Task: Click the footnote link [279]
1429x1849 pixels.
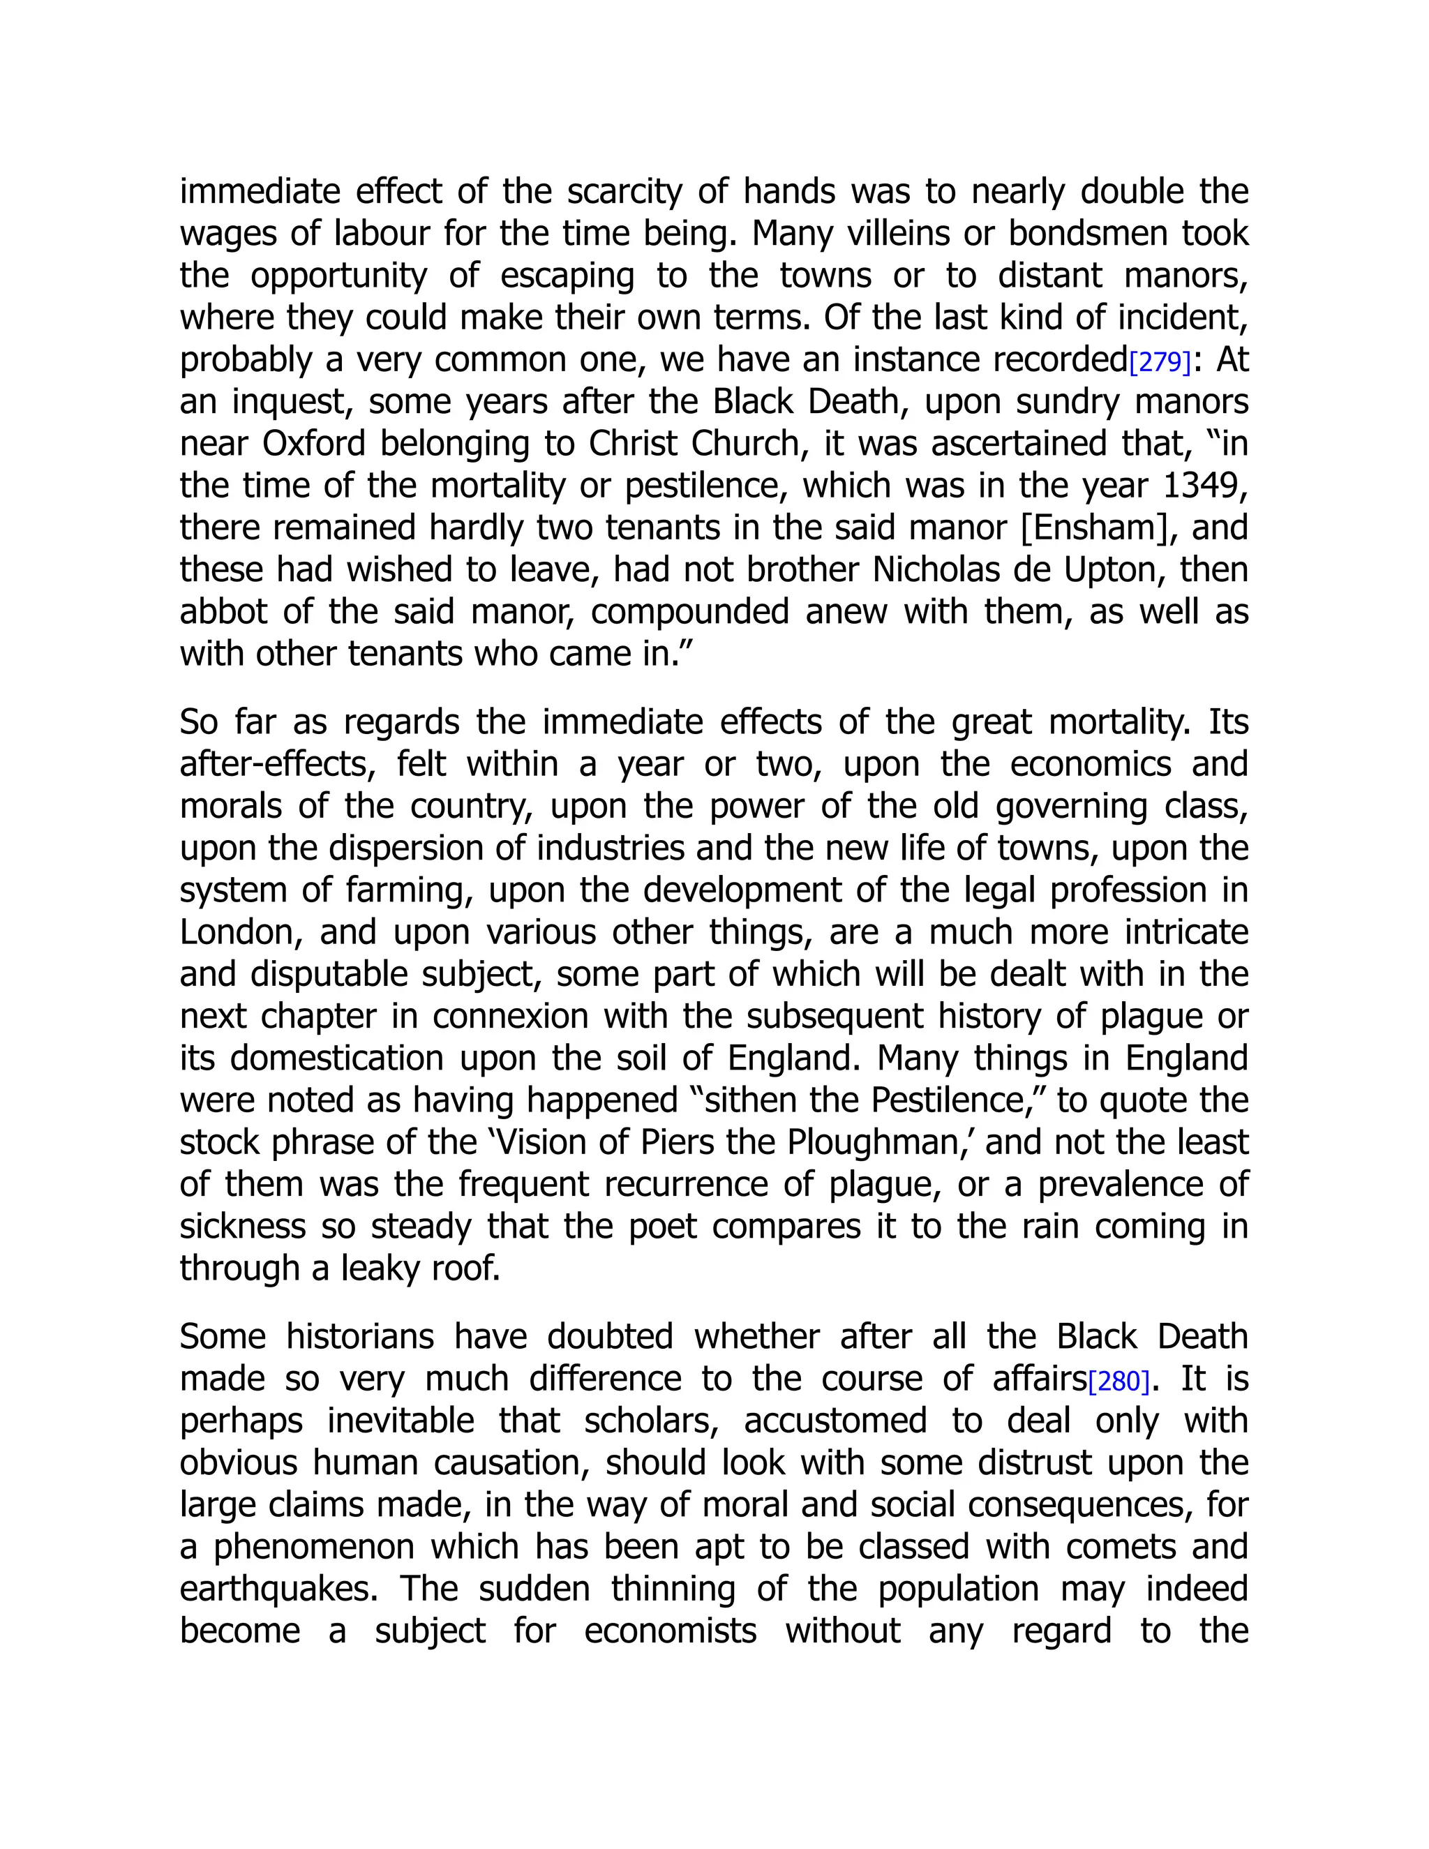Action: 1160,362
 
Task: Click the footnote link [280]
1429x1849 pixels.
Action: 1118,1382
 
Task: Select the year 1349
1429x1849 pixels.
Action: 1206,486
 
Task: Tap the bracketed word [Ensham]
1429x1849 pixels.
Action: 1100,528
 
